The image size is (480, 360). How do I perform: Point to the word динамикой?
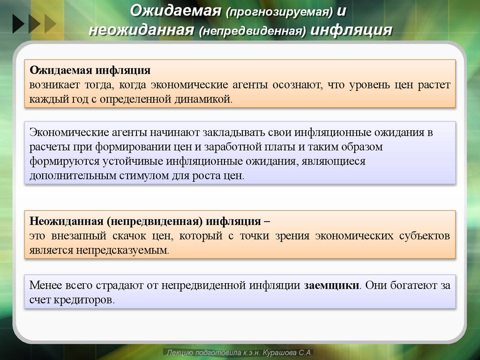click(207, 99)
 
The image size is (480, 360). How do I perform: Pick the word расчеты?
click(49, 147)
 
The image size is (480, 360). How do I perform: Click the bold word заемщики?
click(331, 285)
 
